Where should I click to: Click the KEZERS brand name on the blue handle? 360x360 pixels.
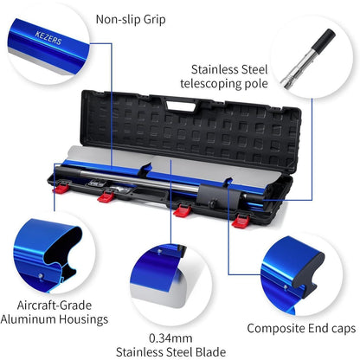coord(48,38)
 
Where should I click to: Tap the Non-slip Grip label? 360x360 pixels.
coord(131,20)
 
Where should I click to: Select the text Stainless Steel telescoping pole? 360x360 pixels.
coord(224,76)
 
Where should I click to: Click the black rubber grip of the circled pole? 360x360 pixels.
coord(324,40)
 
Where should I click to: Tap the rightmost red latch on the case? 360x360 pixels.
coord(241,221)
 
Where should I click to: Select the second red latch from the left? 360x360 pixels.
coord(106,196)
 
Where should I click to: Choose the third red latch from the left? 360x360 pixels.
coord(182,210)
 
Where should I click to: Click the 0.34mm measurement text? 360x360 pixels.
coord(170,338)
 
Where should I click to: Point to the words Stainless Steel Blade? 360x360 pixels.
coord(170,352)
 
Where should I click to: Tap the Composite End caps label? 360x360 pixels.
coord(301,329)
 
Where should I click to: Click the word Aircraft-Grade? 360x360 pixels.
coord(55,305)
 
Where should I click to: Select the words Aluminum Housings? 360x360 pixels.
coord(55,319)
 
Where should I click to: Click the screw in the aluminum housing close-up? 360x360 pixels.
coord(42,276)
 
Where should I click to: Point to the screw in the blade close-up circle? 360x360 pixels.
coord(158,252)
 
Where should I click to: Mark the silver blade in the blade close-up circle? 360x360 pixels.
coord(162,292)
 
